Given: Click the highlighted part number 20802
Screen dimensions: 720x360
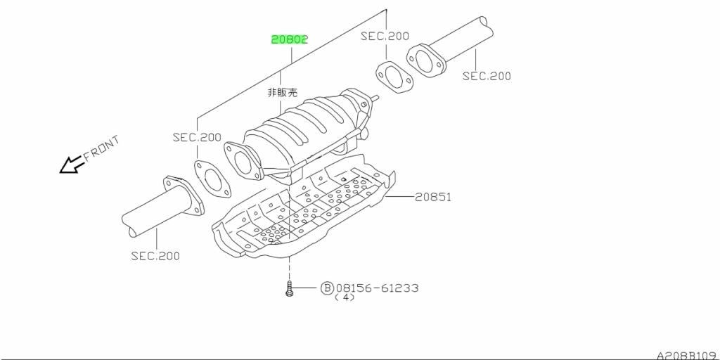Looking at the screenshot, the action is coord(289,39).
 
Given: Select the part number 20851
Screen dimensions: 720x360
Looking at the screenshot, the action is coord(433,198).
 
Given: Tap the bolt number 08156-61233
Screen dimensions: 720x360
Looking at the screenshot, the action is coord(377,288).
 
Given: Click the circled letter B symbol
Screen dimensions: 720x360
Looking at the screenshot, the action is coord(326,288).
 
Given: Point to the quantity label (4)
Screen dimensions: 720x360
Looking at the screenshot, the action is coord(345,297).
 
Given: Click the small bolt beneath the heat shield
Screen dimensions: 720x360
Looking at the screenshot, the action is coord(289,288).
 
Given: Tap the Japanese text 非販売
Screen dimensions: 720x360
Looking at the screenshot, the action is coord(283,93).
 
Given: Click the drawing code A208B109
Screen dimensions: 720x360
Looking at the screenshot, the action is coord(688,355).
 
